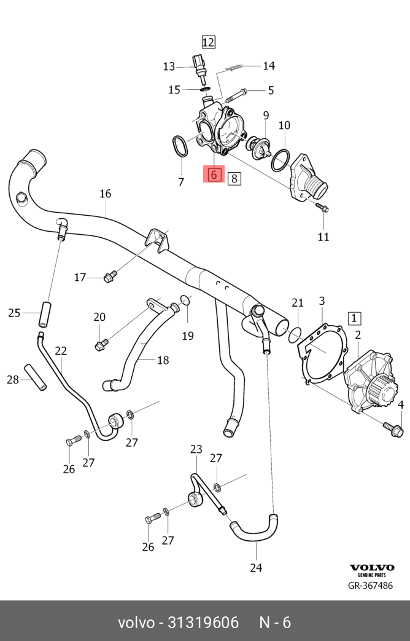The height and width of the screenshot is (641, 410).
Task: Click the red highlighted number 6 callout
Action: [x=214, y=175]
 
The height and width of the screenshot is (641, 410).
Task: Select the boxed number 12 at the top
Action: [x=208, y=42]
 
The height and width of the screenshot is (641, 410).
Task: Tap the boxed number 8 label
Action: [x=234, y=178]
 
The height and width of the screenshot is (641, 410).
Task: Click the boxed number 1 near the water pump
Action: [x=354, y=318]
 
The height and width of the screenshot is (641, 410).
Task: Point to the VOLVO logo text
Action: [x=372, y=567]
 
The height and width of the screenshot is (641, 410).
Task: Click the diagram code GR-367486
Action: [x=370, y=586]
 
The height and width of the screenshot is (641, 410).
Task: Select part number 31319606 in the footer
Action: [x=203, y=623]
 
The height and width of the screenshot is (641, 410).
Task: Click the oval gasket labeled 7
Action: [x=180, y=146]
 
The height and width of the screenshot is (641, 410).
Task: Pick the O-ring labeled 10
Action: [x=280, y=160]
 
